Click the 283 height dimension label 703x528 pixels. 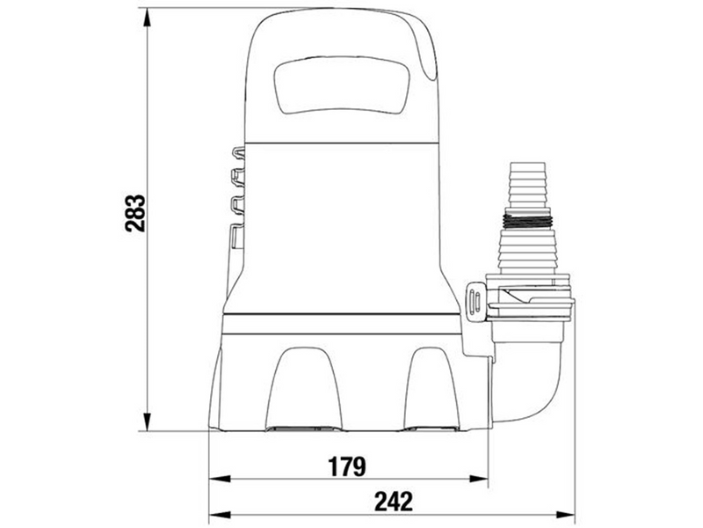point(135,213)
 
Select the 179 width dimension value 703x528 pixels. point(347,466)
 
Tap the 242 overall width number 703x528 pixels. point(394,502)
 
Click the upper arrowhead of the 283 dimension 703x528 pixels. point(146,18)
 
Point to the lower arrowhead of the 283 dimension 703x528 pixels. point(146,421)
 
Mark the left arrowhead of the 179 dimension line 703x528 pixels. point(220,479)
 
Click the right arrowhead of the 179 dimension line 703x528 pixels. point(477,479)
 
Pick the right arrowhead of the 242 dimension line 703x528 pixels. point(564,514)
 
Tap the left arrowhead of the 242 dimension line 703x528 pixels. point(220,514)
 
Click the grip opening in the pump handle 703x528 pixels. point(342,85)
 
